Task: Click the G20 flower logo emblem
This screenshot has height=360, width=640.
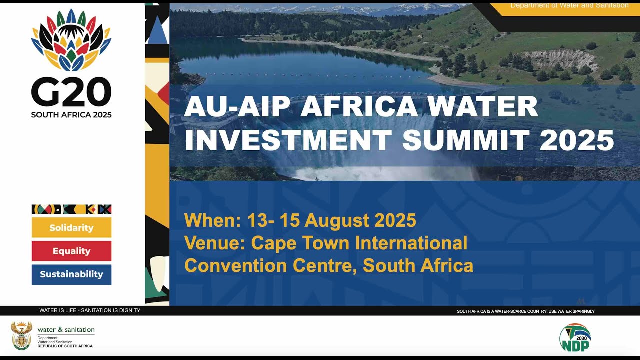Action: click(x=71, y=40)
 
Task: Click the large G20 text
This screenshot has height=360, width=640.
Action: click(x=71, y=93)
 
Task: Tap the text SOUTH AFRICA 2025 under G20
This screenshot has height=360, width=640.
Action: click(x=71, y=115)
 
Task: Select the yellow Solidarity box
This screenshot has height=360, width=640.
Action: click(x=71, y=228)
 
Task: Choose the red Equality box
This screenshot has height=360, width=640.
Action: click(x=71, y=251)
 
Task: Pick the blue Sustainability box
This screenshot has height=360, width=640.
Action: click(x=71, y=274)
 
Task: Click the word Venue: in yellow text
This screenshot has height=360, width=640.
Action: click(x=214, y=243)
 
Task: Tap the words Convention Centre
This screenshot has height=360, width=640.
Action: click(x=270, y=266)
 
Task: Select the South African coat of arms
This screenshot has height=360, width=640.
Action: click(x=22, y=336)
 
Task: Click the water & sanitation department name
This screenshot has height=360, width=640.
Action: click(x=66, y=330)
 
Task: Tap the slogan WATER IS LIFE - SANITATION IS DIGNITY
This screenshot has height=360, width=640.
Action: click(x=90, y=310)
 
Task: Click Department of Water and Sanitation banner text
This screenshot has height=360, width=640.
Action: click(x=569, y=5)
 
